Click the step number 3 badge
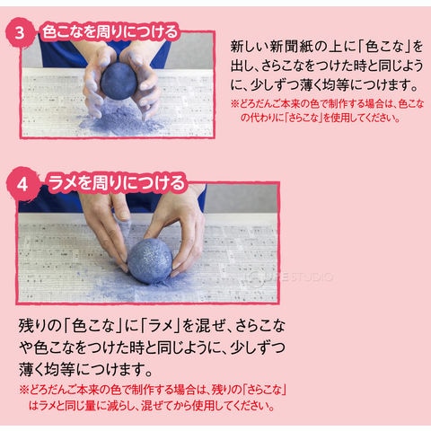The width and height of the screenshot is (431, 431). tap(20, 32)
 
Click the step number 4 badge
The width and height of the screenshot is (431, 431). tap(22, 183)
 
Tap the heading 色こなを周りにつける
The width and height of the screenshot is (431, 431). tap(110, 32)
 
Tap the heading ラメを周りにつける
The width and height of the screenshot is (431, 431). tap(117, 182)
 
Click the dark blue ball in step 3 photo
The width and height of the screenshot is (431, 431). tap(119, 81)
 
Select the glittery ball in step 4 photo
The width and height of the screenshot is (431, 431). tap(150, 260)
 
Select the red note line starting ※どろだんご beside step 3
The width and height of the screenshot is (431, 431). tap(327, 104)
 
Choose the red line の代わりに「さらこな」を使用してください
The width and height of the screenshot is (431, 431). tap(321, 118)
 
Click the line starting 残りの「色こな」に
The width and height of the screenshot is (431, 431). tap(152, 326)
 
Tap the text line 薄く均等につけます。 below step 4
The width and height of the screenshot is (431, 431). tap(86, 369)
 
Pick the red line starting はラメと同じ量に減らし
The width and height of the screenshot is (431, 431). tap(152, 406)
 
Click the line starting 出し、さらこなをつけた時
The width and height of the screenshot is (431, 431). tap(327, 66)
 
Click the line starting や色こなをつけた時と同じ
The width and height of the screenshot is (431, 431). tap(152, 347)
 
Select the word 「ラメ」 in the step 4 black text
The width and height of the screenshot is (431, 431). tap(161, 326)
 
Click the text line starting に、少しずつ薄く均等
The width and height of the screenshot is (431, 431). tap(324, 85)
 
